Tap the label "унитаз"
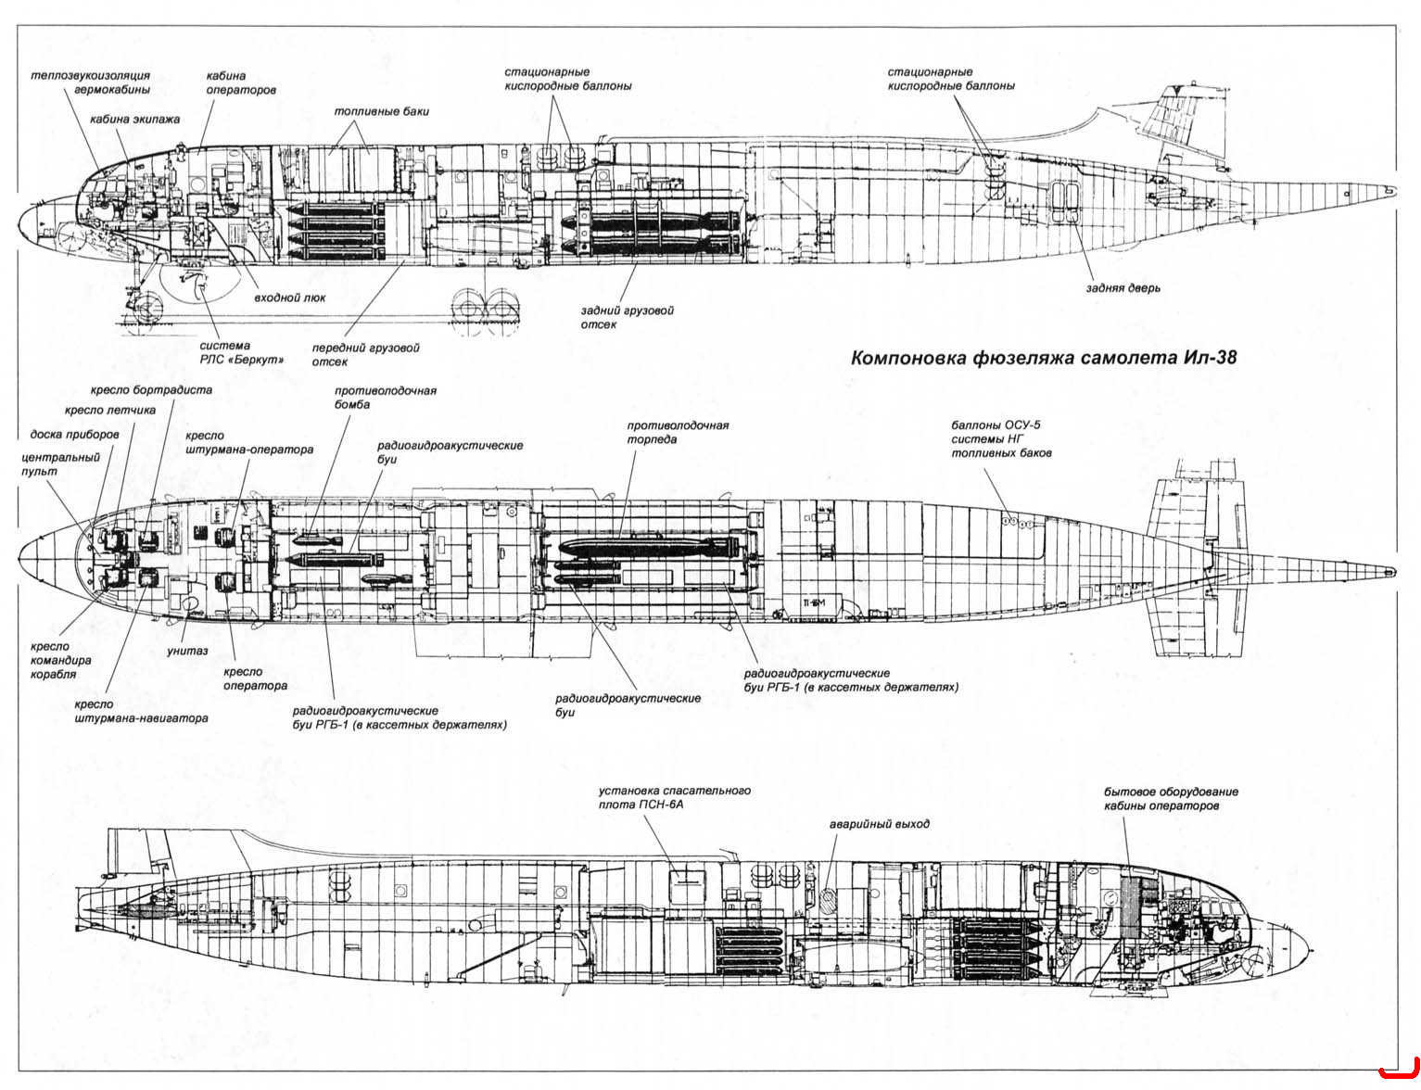pyautogui.click(x=187, y=651)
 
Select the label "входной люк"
pyautogui.click(x=290, y=298)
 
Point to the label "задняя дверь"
pyautogui.click(x=1123, y=287)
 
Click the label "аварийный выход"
pyautogui.click(x=880, y=824)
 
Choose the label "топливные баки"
pyautogui.click(x=381, y=111)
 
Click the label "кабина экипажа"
pyautogui.click(x=134, y=119)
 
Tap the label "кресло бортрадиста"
pyautogui.click(x=151, y=389)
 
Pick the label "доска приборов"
pyautogui.click(x=74, y=434)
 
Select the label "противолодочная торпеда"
pyautogui.click(x=678, y=432)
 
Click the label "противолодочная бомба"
pyautogui.click(x=386, y=398)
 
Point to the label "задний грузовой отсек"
pyautogui.click(x=628, y=317)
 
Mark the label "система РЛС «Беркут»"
pyautogui.click(x=242, y=352)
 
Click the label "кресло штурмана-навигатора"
pyautogui.click(x=141, y=711)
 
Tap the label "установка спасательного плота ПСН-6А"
pyautogui.click(x=674, y=797)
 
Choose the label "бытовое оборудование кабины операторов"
pyautogui.click(x=1172, y=798)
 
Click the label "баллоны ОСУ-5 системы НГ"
pyautogui.click(x=996, y=432)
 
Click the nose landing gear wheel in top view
pyautogui.click(x=148, y=308)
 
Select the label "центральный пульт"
pyautogui.click(x=60, y=464)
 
